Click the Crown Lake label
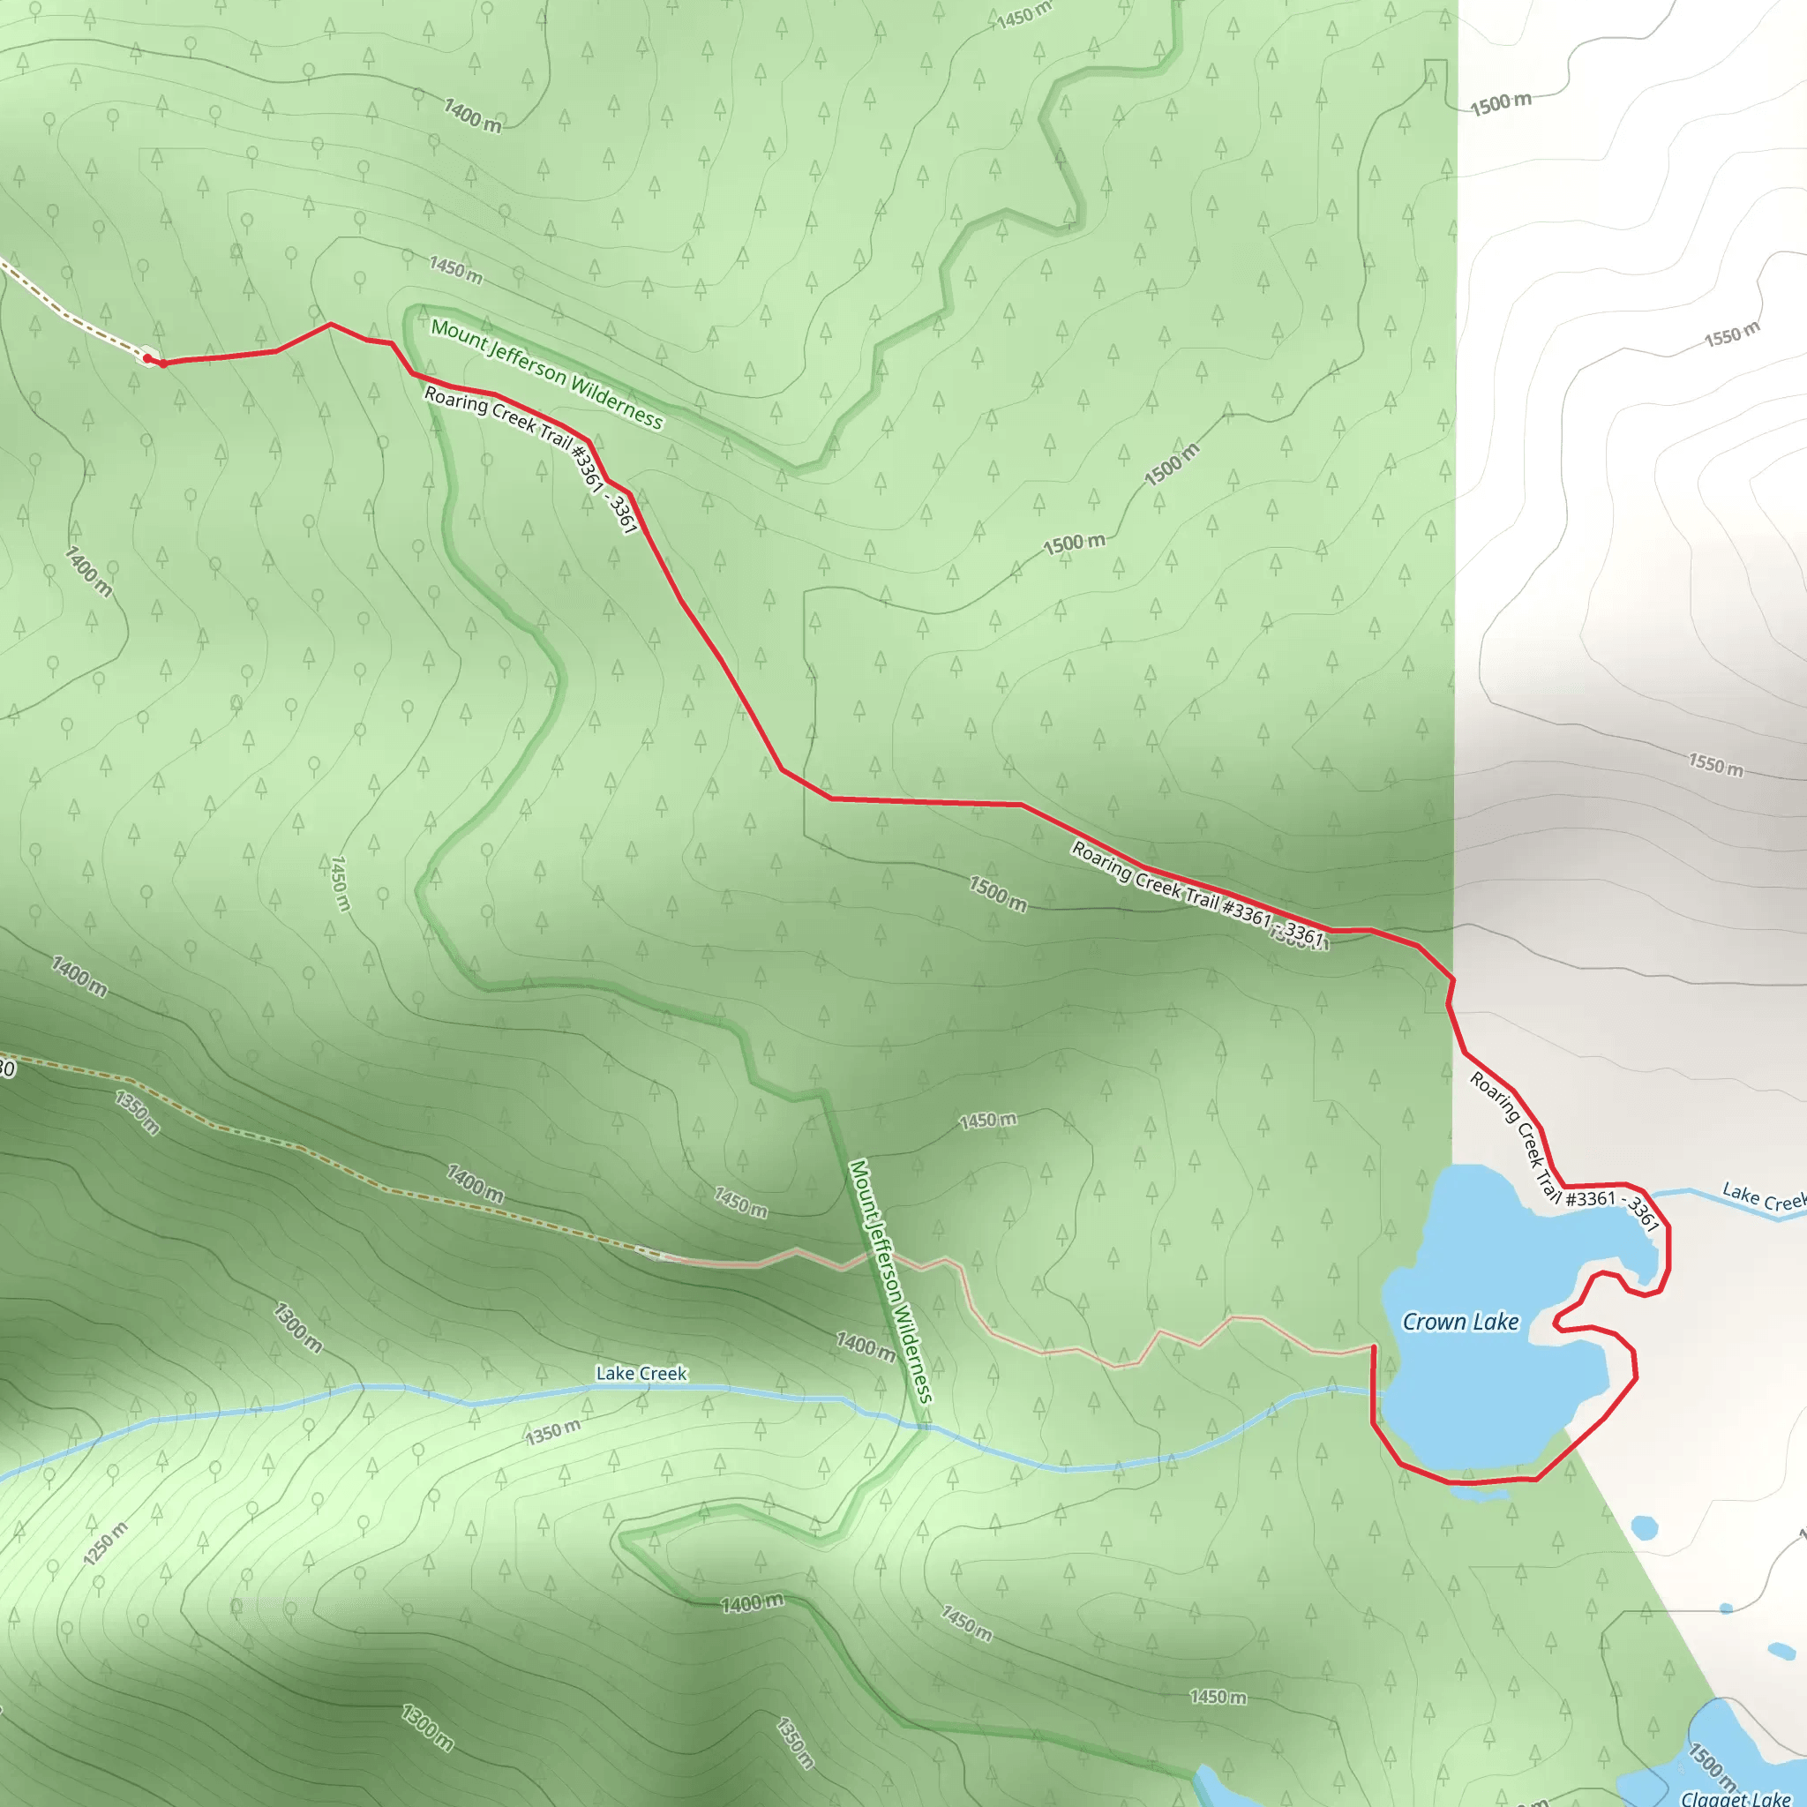click(x=1460, y=1322)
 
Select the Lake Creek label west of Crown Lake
click(x=641, y=1373)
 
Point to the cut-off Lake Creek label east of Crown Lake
click(x=1764, y=1198)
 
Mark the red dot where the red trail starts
click(x=147, y=358)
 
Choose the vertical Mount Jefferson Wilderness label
click(x=890, y=1280)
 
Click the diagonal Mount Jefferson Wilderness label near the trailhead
click(x=547, y=374)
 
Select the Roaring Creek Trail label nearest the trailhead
click(x=531, y=459)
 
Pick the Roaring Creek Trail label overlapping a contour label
click(x=1197, y=894)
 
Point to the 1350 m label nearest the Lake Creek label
click(x=552, y=1432)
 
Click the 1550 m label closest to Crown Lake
click(x=1715, y=764)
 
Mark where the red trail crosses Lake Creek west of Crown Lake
click(x=1373, y=1392)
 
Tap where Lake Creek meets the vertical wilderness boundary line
click(x=923, y=1428)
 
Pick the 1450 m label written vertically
click(x=341, y=883)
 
